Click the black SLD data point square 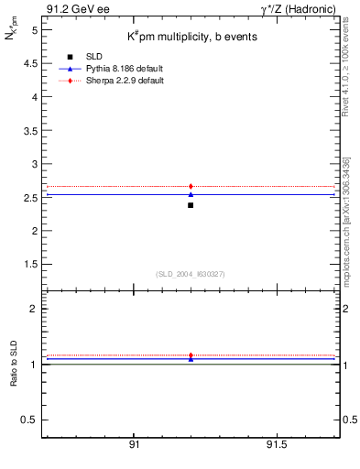point(191,205)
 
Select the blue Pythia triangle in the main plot point(191,194)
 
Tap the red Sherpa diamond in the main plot point(191,186)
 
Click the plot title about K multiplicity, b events point(191,37)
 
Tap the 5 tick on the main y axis point(34,29)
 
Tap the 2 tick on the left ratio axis point(34,309)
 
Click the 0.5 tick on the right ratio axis point(349,420)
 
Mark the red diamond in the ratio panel point(191,355)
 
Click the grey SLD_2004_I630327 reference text point(191,274)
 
